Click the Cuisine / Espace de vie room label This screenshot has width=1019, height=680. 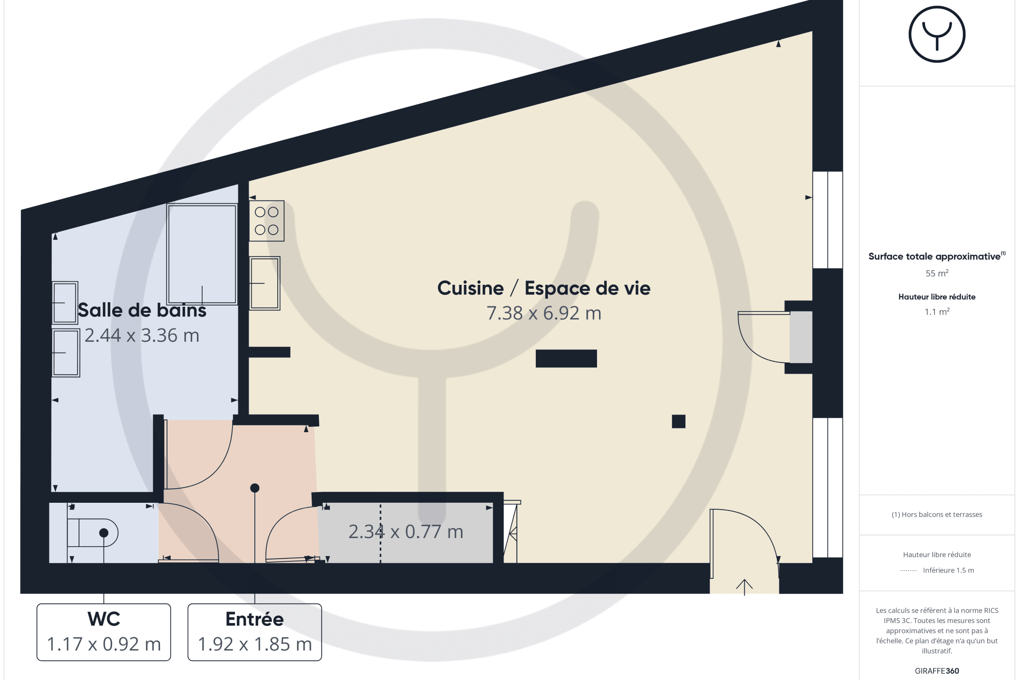click(x=544, y=289)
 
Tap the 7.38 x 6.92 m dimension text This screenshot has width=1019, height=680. click(x=544, y=313)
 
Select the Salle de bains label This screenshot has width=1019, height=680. click(x=142, y=311)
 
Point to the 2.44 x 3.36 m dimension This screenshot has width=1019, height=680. click(x=142, y=335)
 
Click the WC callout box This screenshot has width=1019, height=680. click(x=104, y=632)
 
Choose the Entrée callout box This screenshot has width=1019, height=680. click(x=255, y=632)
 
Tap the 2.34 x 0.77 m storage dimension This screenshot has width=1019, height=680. click(x=406, y=532)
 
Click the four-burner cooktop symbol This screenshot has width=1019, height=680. click(x=267, y=221)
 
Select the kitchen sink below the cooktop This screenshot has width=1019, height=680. click(x=265, y=283)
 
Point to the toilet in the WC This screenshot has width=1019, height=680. click(x=92, y=533)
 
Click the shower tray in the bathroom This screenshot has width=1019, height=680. click(x=202, y=254)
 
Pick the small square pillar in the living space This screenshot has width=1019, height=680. click(x=678, y=422)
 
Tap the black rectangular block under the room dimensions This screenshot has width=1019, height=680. click(x=566, y=359)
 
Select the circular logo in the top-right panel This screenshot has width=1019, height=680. click(x=937, y=34)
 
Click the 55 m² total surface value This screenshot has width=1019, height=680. click(x=937, y=273)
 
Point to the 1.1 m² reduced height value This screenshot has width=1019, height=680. click(x=937, y=312)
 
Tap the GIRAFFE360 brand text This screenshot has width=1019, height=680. click(x=937, y=671)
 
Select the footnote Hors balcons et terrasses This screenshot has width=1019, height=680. click(x=937, y=514)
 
